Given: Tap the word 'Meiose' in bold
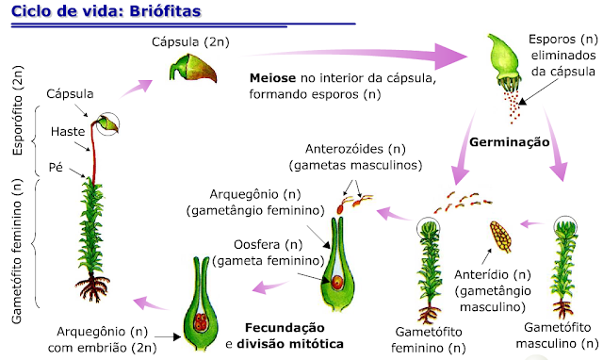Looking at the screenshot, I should [x=273, y=77].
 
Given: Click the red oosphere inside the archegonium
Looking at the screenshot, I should [x=336, y=280].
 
